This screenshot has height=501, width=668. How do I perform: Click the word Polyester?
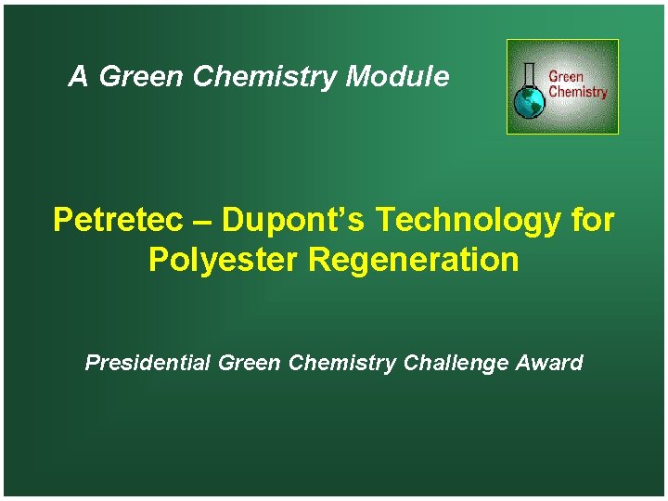(x=224, y=261)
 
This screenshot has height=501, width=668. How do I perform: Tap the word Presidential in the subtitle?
(x=148, y=363)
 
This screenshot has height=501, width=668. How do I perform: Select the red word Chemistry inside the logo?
(x=577, y=92)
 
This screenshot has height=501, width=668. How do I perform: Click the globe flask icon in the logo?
(x=530, y=102)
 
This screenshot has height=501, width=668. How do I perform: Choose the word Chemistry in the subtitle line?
(x=342, y=364)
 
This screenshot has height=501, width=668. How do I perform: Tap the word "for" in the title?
(x=594, y=221)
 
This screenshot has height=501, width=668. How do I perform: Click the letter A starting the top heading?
(x=78, y=77)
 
